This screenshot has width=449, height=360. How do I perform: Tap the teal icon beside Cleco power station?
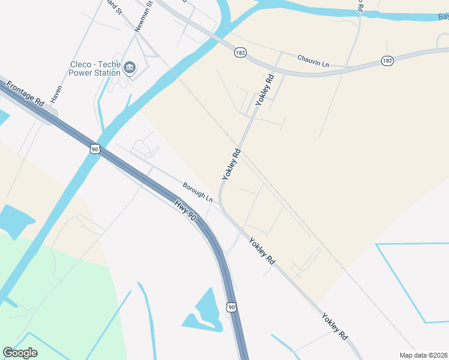[130, 68]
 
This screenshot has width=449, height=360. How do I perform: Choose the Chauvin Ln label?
[313, 61]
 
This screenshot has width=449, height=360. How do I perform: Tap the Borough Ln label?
[197, 192]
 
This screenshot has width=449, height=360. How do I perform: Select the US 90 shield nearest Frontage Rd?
[95, 148]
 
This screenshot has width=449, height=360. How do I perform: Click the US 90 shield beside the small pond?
[232, 307]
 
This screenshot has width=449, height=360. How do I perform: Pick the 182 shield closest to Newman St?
[239, 53]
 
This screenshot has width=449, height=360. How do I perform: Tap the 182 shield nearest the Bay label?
[387, 61]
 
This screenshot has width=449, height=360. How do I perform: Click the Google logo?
[20, 353]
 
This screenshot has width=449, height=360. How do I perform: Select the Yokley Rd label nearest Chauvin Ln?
[265, 90]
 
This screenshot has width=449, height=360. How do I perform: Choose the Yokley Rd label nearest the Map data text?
[334, 326]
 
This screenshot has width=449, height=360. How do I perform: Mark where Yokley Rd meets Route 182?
[281, 73]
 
